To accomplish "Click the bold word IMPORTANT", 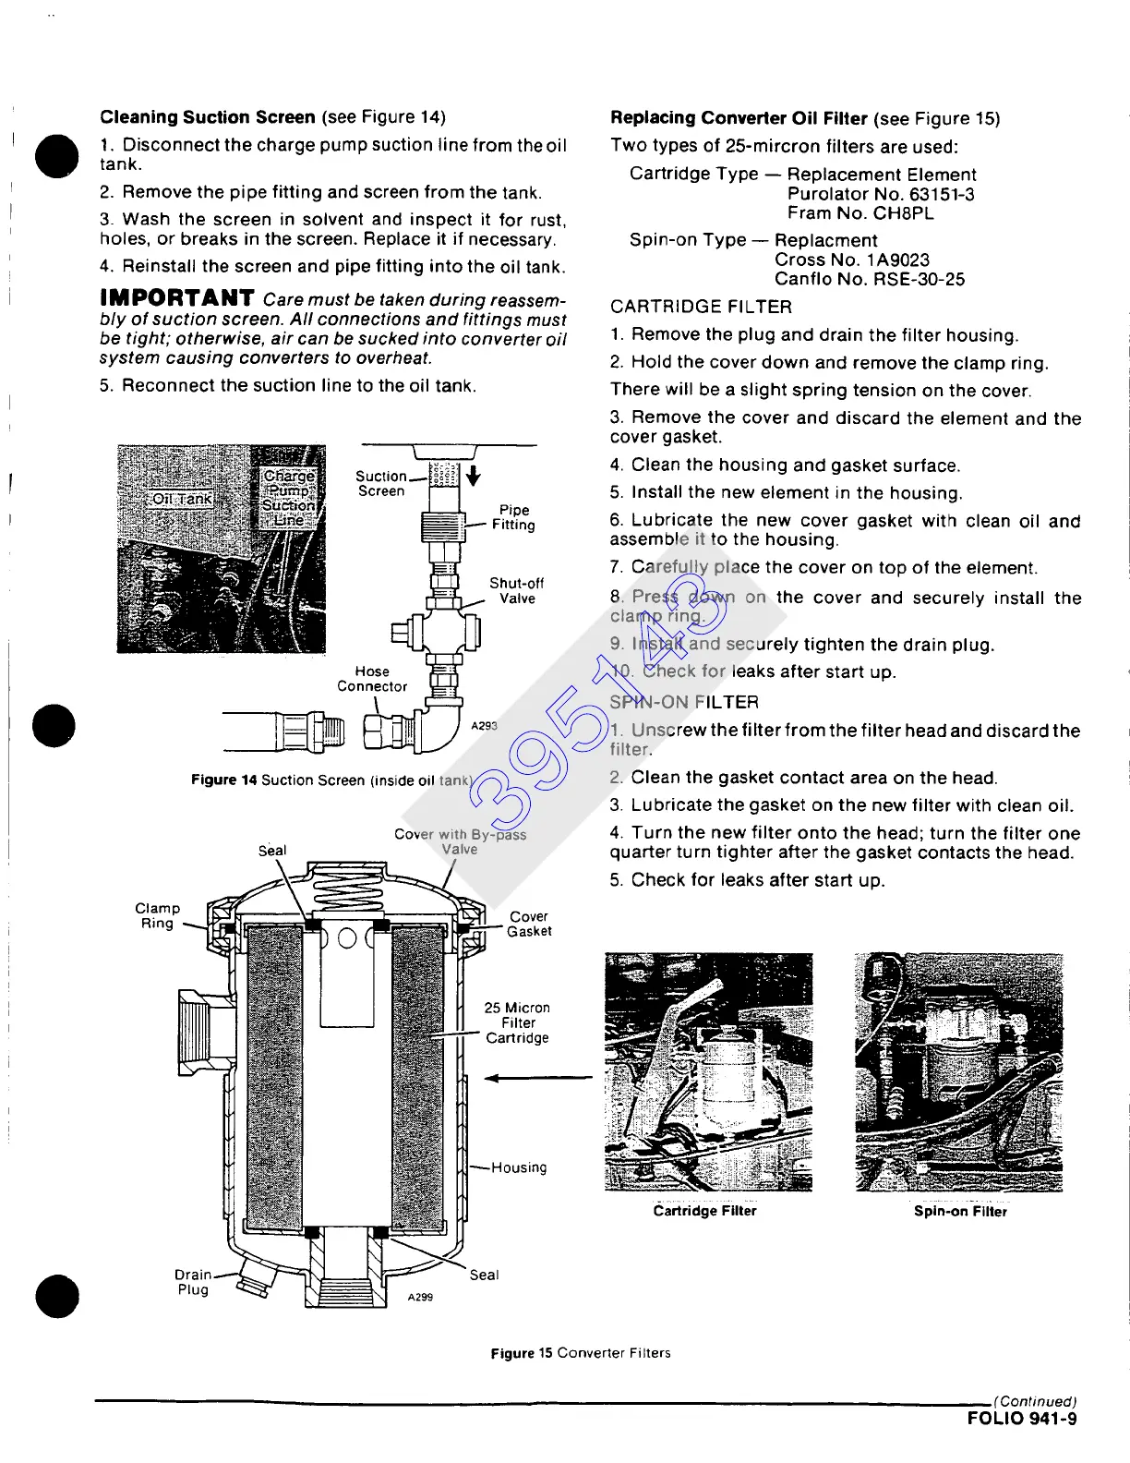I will [x=177, y=297].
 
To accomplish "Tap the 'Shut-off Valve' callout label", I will [x=516, y=591].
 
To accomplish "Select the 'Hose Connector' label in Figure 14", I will [x=372, y=679].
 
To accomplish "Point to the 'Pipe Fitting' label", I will [x=513, y=517].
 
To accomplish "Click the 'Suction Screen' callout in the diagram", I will [x=381, y=483].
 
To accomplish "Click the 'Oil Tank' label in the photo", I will [x=182, y=499].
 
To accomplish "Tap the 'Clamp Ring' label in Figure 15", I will [x=158, y=915].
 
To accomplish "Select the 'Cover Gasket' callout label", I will [x=529, y=924].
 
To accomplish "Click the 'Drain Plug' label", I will [x=193, y=1282].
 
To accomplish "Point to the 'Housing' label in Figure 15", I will [x=519, y=1167].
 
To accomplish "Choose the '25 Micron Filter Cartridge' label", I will [x=517, y=1022].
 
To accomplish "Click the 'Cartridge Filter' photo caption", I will [x=704, y=1211].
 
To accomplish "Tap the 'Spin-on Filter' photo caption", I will [x=960, y=1211].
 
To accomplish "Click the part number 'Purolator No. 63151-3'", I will [x=881, y=194].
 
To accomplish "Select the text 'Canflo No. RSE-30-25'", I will [x=870, y=279].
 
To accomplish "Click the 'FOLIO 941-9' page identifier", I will [x=1022, y=1419].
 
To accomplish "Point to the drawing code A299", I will [x=420, y=1298].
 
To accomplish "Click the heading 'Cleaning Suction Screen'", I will [x=208, y=117].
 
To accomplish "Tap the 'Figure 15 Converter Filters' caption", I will [x=581, y=1353].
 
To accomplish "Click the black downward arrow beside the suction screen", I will [x=474, y=476].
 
